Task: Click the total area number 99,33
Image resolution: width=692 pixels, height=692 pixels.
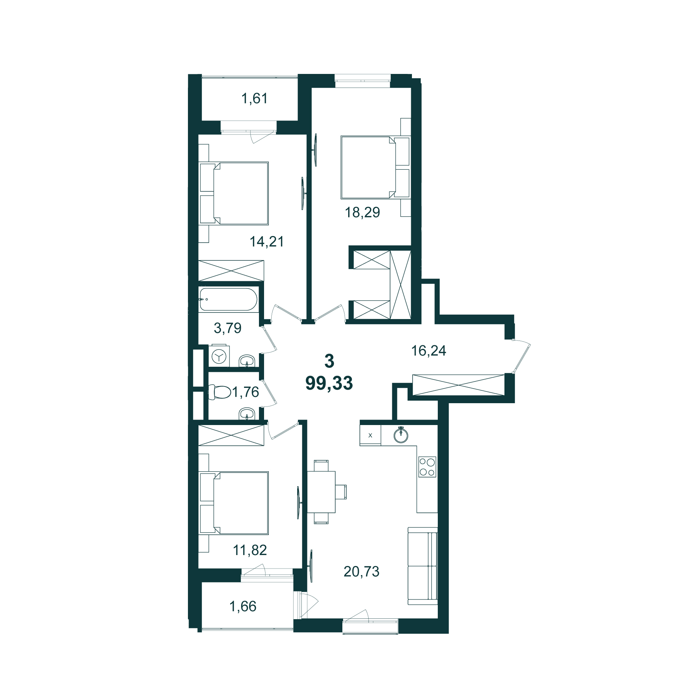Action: coord(329,383)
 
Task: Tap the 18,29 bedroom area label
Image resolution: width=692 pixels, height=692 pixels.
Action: coord(362,212)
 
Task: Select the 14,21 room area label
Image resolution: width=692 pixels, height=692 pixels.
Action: coord(267,241)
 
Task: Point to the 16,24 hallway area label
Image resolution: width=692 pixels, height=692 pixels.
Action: coord(429,350)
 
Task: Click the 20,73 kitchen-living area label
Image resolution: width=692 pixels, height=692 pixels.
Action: coord(361,571)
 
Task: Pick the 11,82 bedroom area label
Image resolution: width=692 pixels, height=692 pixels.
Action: coord(250,550)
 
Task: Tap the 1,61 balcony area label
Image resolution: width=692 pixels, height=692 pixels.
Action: coord(255,98)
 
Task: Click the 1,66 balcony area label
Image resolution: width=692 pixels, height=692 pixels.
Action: coord(243,606)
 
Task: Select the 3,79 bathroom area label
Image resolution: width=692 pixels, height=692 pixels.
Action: coord(228,328)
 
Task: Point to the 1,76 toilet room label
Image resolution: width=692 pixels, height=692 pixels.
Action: coord(245,392)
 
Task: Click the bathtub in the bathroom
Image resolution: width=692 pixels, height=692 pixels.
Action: coord(228,299)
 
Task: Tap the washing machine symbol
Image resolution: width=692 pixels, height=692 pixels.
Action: coord(219,355)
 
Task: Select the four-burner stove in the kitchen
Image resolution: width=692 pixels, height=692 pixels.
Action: coord(427,467)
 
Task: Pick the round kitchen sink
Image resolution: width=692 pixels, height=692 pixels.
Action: coord(401,436)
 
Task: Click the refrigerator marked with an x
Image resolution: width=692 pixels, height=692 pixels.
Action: coord(370,435)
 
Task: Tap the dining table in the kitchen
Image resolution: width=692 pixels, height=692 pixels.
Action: coord(321,492)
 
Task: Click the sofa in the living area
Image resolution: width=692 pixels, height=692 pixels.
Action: coord(422,566)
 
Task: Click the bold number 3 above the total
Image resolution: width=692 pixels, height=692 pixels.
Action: coord(329,361)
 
